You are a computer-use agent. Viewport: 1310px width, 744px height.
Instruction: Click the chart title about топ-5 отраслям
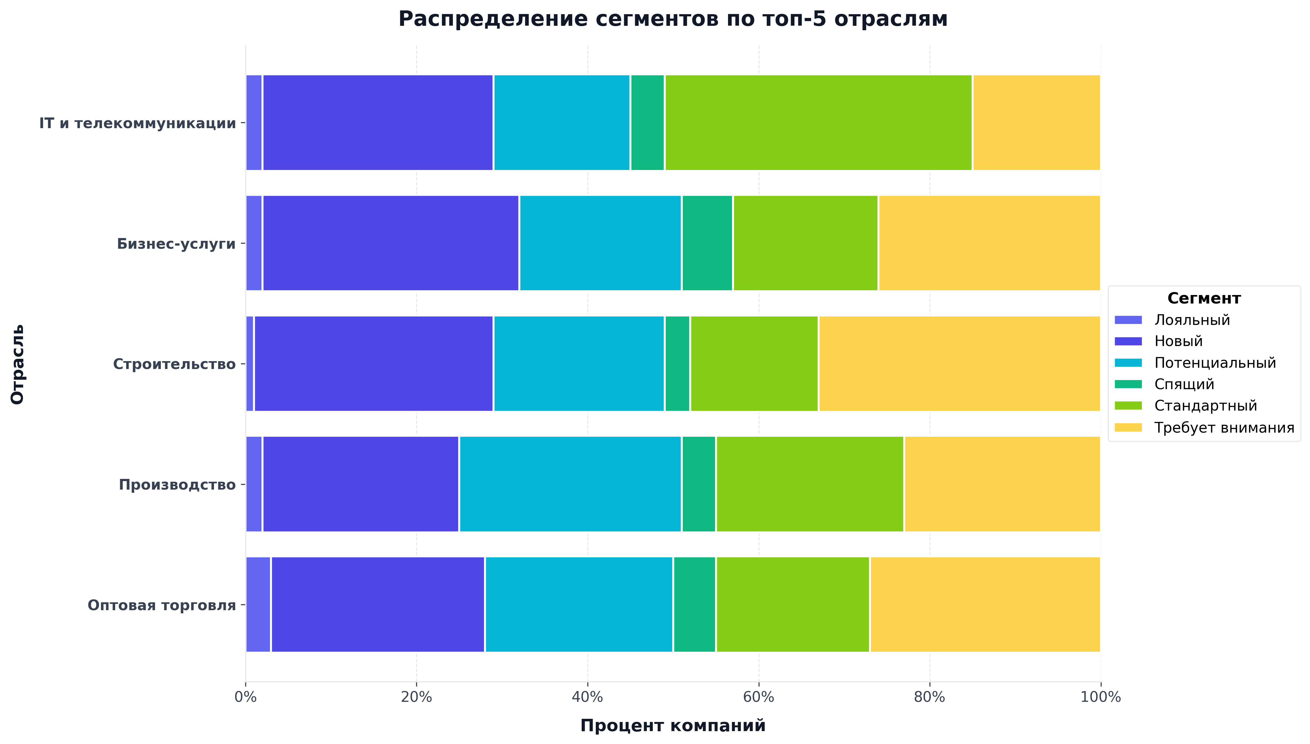pyautogui.click(x=673, y=20)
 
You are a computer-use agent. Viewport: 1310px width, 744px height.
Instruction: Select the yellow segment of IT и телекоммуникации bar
pyautogui.click(x=1036, y=123)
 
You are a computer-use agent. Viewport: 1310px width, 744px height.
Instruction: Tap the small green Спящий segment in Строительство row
pyautogui.click(x=677, y=363)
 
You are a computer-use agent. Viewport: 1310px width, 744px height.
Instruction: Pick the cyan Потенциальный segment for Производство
pyautogui.click(x=570, y=484)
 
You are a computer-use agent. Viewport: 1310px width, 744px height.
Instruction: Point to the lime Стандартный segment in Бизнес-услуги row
pyautogui.click(x=805, y=243)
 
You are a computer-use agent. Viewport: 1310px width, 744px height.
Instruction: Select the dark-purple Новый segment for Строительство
pyautogui.click(x=373, y=363)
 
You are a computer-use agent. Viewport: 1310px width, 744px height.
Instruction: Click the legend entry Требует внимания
pyautogui.click(x=1224, y=428)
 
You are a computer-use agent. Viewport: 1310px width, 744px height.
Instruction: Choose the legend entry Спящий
pyautogui.click(x=1184, y=384)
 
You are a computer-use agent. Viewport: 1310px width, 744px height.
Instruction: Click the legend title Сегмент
pyautogui.click(x=1204, y=298)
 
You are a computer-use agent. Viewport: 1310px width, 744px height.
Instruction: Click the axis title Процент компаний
pyautogui.click(x=673, y=726)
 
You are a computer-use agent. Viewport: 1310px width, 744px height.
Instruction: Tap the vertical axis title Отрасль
pyautogui.click(x=17, y=364)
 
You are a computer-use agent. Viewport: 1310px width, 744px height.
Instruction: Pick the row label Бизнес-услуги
pyautogui.click(x=176, y=244)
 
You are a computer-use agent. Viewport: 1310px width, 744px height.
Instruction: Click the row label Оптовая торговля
pyautogui.click(x=161, y=605)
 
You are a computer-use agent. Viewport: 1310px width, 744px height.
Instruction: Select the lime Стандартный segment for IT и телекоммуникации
pyautogui.click(x=818, y=123)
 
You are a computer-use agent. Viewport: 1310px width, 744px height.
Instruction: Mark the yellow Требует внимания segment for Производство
pyautogui.click(x=1002, y=484)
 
